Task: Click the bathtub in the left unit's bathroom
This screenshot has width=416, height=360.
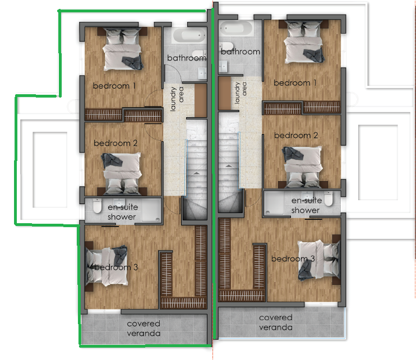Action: click(189, 35)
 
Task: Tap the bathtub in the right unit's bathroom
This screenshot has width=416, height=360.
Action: click(236, 28)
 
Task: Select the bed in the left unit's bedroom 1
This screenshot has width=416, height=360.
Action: click(122, 49)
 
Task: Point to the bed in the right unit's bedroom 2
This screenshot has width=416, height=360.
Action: click(303, 167)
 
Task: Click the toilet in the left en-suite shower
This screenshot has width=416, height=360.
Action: click(97, 206)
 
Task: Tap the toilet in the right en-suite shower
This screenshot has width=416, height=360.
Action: click(329, 199)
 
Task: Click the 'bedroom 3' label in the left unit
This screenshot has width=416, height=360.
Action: click(116, 267)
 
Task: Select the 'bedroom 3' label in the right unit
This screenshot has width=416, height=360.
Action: click(293, 259)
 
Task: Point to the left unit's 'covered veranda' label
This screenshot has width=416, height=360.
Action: click(144, 329)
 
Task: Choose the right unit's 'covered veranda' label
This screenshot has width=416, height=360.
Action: click(276, 322)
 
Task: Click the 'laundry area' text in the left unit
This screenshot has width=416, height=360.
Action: click(177, 98)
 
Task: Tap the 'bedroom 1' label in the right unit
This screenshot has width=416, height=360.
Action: click(295, 83)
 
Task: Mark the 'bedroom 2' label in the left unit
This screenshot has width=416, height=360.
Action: click(115, 143)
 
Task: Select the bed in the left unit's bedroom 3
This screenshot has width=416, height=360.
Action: click(107, 266)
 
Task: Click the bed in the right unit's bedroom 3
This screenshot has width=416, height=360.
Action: click(319, 260)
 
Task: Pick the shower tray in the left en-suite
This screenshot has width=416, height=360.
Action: click(151, 210)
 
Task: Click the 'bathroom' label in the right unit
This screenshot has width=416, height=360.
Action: click(241, 52)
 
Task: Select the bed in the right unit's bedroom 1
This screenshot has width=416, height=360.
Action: click(303, 42)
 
